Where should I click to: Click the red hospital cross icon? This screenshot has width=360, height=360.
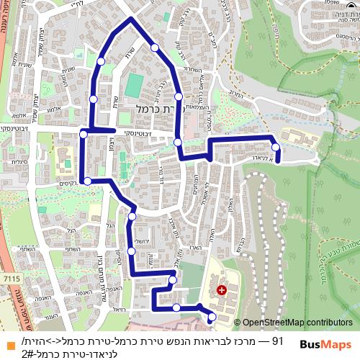(221, 290)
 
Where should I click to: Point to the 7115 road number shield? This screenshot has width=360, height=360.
(12, 277)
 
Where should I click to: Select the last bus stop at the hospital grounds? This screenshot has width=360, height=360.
(212, 317)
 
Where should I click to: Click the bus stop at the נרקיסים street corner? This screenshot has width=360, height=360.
(86, 181)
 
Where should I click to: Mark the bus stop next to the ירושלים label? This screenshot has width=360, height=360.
(131, 251)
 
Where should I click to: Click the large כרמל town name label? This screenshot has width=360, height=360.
(154, 107)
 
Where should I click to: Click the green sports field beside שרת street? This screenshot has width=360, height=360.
(134, 86)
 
